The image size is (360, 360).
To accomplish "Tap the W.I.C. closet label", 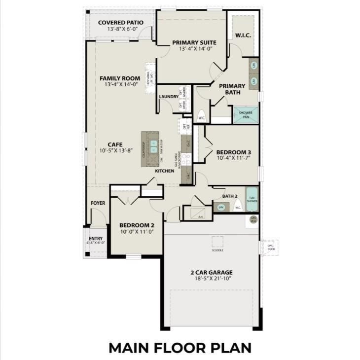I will [243, 35].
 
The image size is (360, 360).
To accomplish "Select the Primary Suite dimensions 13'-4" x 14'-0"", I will [192, 49].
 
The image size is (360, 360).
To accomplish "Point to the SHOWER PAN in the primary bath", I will [246, 115].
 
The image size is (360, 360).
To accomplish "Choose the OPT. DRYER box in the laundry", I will [180, 105].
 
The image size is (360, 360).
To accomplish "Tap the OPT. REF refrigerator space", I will [184, 126].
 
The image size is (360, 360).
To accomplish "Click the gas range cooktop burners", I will [186, 159].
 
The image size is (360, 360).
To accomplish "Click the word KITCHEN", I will [164, 171].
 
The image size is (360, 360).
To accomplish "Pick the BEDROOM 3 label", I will [234, 152].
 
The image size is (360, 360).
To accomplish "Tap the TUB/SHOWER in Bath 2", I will [252, 198].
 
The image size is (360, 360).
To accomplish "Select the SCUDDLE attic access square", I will [217, 242].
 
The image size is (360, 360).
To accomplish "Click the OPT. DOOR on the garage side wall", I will [270, 247].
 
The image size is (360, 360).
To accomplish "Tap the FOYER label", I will [97, 203].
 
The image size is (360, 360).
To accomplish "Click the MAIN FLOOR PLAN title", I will [180, 347].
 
